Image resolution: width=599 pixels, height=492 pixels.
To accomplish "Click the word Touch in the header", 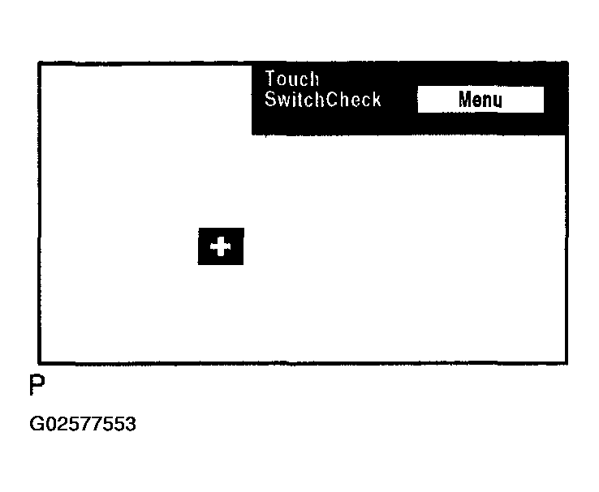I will pos(292,79).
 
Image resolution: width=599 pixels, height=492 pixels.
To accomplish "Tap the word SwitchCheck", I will pos(322,100).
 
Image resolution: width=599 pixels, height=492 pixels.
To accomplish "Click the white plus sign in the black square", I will pos(221,246).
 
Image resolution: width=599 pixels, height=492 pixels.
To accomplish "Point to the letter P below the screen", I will pos(37,386).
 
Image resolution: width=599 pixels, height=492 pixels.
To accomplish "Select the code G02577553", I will pos(83,424).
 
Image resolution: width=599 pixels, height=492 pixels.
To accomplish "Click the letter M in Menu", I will pos(466,101).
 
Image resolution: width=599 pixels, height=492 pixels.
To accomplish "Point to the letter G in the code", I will pos(37,424).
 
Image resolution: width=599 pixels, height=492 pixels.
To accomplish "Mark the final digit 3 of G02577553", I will pos(131,424).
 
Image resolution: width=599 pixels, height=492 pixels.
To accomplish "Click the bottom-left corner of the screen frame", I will pos(40,362).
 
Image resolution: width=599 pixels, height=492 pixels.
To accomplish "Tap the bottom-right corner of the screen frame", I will pos(566,362).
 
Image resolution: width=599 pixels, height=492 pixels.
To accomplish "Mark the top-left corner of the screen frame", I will pos(40,63).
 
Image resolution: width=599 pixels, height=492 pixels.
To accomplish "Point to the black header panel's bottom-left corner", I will pos(253,134).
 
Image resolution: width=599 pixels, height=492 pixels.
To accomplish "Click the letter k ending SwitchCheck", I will pos(376,100).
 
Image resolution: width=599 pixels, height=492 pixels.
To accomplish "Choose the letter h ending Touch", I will pos(314,79).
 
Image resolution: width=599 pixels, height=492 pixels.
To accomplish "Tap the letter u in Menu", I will pos(497,101).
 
